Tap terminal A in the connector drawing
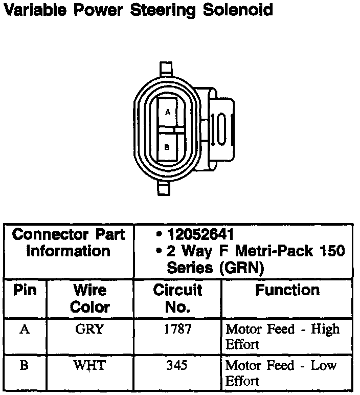pos(168,111)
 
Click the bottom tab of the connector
pos(163,188)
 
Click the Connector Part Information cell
pos(69,243)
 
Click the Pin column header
pos(25,291)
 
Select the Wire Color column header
pos(89,299)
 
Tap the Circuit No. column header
pos(178,299)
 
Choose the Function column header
pos(287,291)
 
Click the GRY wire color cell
pos(89,329)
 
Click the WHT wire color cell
pos(89,366)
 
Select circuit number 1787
pos(177,329)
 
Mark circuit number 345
pos(177,366)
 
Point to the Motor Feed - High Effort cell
pos(282,336)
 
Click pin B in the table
pos(25,366)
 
